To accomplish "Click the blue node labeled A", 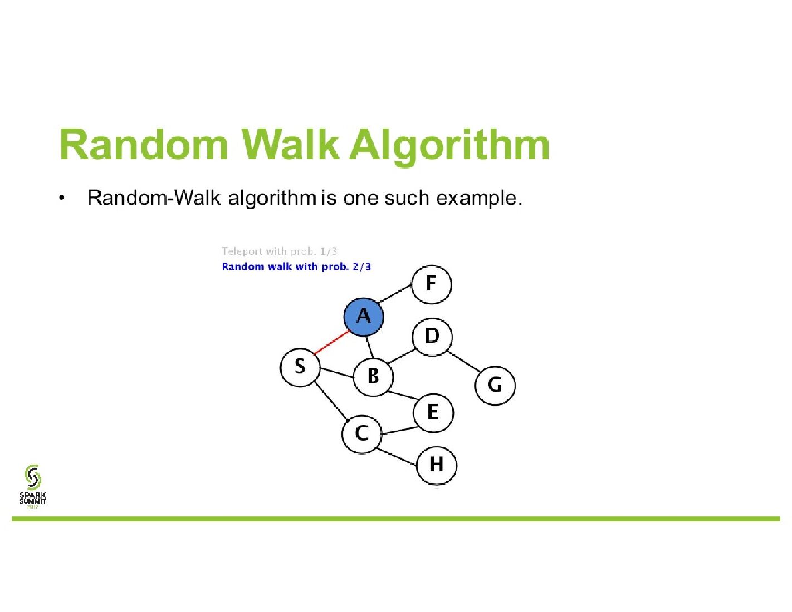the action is click(364, 317).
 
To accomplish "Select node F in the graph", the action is click(432, 284).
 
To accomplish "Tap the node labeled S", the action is click(300, 367).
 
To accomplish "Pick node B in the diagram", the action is click(373, 377).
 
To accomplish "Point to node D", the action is click(432, 337).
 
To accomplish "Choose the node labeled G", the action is click(495, 385).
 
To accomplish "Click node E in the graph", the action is click(433, 412).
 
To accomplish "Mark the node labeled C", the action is click(361, 433).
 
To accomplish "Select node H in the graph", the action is click(437, 465).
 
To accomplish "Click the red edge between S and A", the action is click(332, 342).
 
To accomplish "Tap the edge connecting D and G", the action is click(463, 361).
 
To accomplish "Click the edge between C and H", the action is click(398, 456).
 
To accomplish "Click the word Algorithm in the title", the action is click(449, 145).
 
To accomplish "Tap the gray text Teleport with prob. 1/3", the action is click(279, 251).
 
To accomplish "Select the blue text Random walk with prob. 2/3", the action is click(296, 266).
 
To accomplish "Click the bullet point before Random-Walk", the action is click(62, 198).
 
